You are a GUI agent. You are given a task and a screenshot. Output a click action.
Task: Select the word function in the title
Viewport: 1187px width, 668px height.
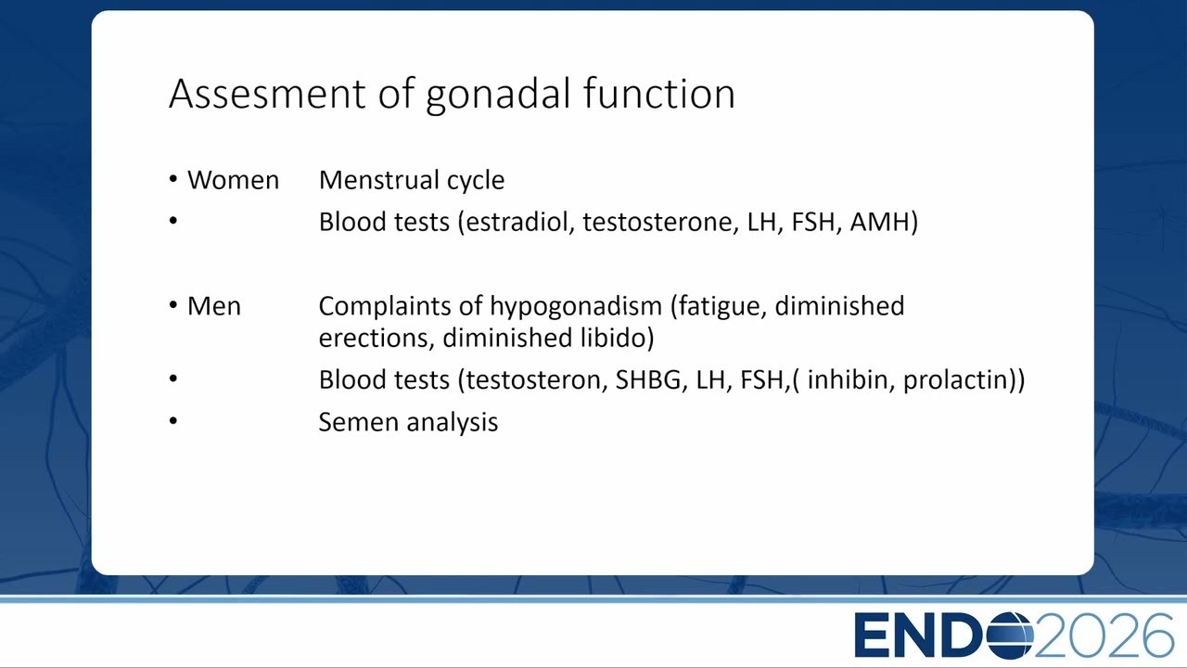[x=659, y=94]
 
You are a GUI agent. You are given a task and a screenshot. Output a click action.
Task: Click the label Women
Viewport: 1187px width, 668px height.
[x=233, y=180]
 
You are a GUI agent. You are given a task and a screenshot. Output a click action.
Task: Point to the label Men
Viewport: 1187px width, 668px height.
[x=214, y=306]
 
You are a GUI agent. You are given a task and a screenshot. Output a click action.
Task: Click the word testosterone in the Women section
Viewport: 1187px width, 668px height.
[x=661, y=222]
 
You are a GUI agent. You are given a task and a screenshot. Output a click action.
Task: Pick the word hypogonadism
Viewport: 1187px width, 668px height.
[x=576, y=307]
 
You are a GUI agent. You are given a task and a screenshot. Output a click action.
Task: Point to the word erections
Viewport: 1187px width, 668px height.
[x=377, y=339]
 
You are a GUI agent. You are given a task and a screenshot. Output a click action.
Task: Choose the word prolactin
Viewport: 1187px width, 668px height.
[x=955, y=380]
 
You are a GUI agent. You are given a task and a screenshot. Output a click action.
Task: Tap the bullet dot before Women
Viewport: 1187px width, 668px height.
[x=173, y=179]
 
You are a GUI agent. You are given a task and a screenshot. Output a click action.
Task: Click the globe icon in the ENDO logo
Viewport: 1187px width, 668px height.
[x=1011, y=636]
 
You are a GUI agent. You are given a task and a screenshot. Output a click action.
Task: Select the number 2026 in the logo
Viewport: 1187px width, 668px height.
[x=1104, y=636]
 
